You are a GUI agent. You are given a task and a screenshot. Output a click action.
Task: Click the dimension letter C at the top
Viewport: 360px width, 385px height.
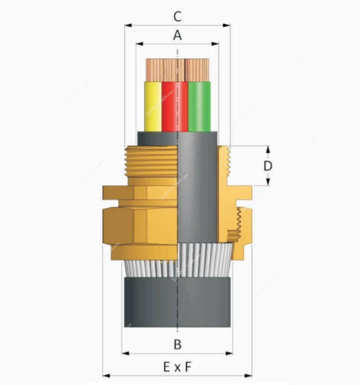[177, 16]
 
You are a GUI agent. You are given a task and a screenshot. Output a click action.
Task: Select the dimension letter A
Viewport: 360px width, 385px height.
[177, 35]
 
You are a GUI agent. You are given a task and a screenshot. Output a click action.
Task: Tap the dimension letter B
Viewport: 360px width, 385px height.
[177, 344]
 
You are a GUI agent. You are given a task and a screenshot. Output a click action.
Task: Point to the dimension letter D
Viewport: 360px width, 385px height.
[268, 166]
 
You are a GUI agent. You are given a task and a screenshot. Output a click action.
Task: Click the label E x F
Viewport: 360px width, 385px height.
[177, 367]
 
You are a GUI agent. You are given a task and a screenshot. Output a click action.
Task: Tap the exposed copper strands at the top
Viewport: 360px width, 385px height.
[177, 70]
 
